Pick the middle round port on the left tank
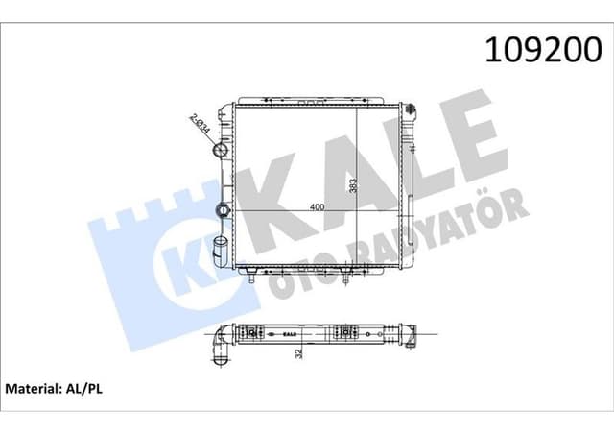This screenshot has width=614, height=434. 222,209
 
